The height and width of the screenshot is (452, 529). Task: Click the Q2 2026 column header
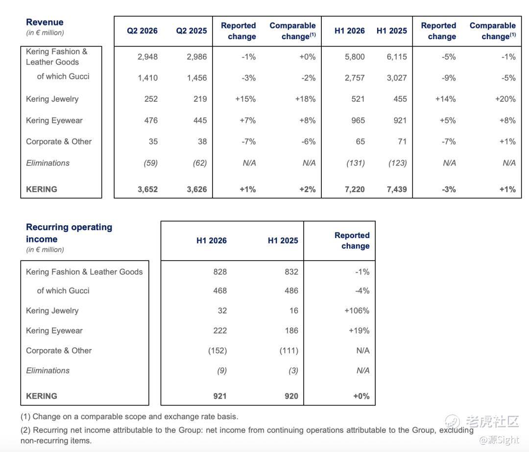[142, 31]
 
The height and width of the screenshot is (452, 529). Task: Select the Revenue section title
[45, 22]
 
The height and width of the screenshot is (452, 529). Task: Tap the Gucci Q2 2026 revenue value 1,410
[147, 78]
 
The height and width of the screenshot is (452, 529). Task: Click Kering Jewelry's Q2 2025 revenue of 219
[200, 99]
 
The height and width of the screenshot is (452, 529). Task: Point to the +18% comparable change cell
[305, 99]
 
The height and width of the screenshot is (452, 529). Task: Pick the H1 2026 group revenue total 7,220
[355, 189]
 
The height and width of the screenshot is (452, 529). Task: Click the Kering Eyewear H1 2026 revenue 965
[358, 120]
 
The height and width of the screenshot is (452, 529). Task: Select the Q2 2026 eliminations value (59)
[150, 163]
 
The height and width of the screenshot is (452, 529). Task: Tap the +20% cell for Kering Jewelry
[505, 99]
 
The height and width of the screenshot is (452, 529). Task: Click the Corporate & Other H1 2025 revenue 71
[402, 142]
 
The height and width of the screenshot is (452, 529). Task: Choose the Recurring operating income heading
[69, 233]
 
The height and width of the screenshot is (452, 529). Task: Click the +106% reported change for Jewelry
[357, 310]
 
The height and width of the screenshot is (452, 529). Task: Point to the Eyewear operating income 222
[220, 331]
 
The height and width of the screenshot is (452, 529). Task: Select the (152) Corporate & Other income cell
[217, 351]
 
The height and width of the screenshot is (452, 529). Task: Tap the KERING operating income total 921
[219, 396]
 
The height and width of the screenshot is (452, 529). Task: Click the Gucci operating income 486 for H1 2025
[291, 290]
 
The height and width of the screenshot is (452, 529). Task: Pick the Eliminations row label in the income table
[48, 370]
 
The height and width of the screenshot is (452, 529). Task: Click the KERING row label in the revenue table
[42, 189]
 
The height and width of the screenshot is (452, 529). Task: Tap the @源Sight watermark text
[499, 440]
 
